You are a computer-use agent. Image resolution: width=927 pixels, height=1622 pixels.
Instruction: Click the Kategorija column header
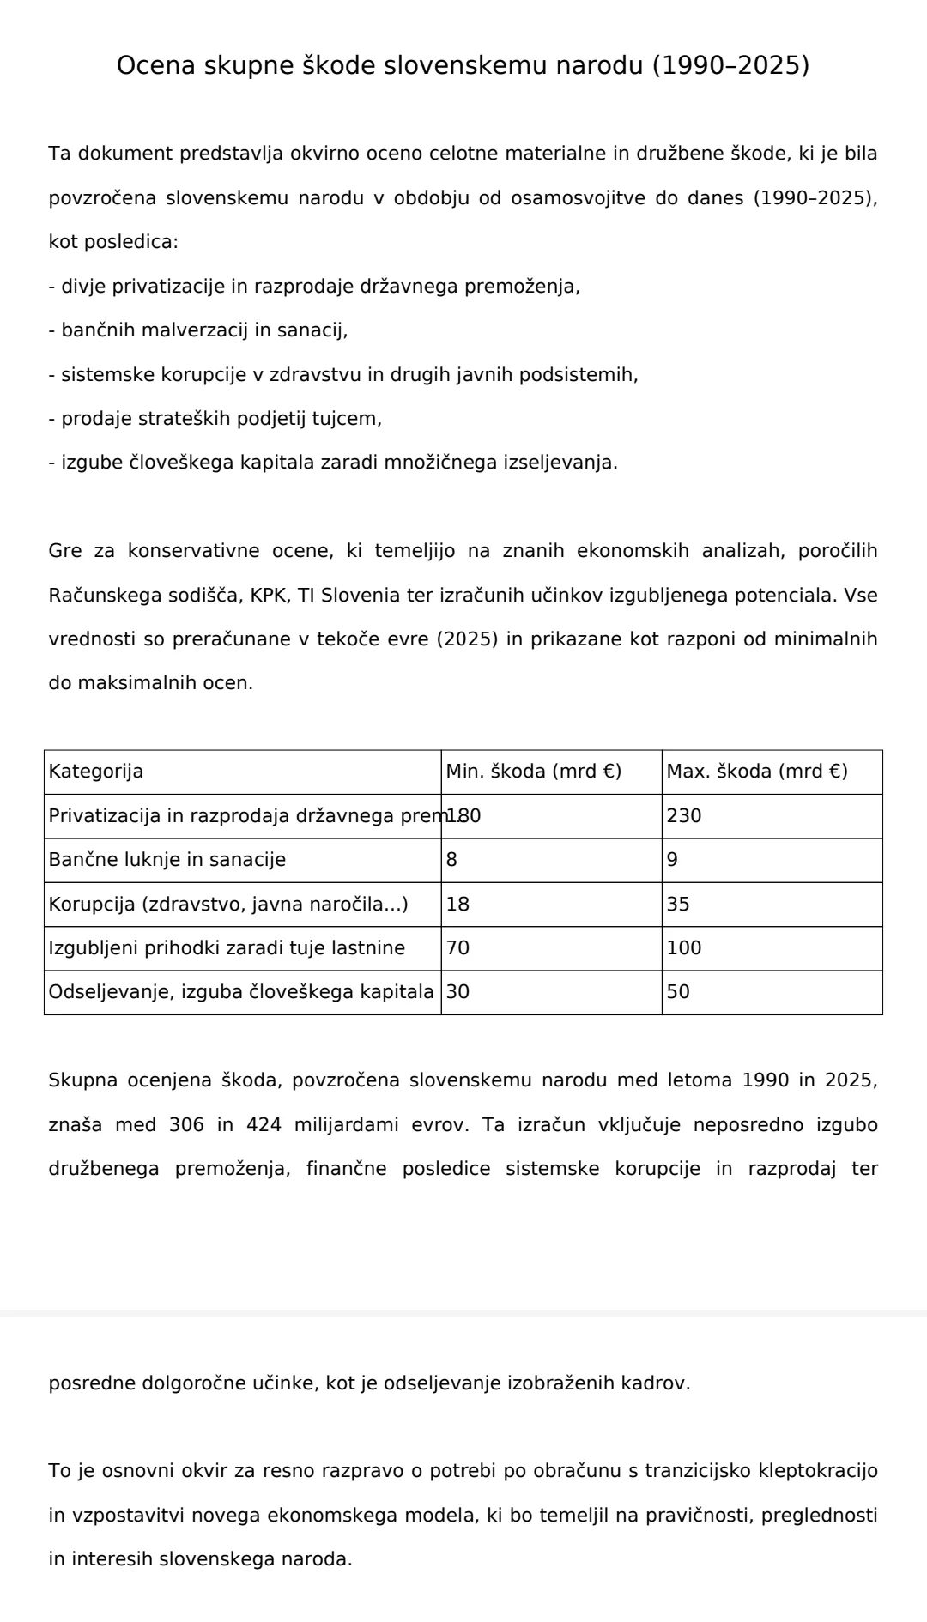[96, 772]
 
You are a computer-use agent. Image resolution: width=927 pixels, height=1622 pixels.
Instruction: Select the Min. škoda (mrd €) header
[533, 772]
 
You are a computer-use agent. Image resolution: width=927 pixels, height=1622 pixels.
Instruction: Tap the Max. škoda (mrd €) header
[757, 772]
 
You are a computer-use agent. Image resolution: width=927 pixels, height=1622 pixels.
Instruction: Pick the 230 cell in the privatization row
[684, 816]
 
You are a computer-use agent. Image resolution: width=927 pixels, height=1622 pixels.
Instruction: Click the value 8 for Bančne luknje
[451, 860]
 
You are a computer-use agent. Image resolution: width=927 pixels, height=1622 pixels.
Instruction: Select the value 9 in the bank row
[672, 860]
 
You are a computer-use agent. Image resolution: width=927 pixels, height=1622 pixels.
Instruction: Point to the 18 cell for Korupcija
[458, 905]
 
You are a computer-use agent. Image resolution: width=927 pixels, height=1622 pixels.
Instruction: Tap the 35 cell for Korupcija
[678, 905]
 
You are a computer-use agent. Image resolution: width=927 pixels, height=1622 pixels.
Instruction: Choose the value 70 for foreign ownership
[458, 948]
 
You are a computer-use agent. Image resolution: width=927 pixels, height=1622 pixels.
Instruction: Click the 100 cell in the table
[684, 948]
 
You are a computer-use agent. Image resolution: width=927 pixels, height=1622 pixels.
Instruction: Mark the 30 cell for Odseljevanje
[458, 992]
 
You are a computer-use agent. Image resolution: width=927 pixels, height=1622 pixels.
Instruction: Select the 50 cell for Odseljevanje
[678, 992]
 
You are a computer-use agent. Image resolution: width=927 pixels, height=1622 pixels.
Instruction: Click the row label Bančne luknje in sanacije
[167, 860]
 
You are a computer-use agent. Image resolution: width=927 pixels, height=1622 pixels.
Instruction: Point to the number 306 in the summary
[186, 1124]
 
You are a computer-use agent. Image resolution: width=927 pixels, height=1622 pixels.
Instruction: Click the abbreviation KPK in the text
[269, 596]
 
